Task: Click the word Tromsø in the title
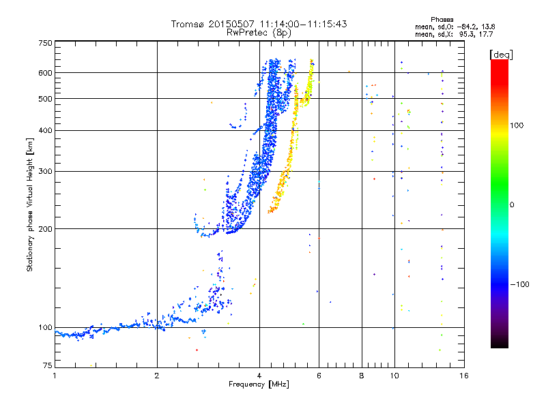click(x=188, y=24)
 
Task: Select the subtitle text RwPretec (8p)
click(x=259, y=33)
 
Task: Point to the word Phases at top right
click(x=442, y=20)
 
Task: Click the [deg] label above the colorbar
click(x=501, y=55)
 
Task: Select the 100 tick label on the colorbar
click(x=517, y=125)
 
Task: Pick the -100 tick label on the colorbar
click(x=519, y=284)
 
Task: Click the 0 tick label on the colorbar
click(x=512, y=204)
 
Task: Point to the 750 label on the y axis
click(x=46, y=43)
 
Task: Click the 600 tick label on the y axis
click(x=46, y=73)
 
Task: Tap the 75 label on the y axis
click(x=48, y=365)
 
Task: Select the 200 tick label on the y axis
click(x=46, y=229)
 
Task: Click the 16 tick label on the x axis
click(x=464, y=376)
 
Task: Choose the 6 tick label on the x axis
click(x=319, y=376)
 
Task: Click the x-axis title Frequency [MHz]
click(x=259, y=384)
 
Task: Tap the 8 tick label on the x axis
click(x=362, y=376)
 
